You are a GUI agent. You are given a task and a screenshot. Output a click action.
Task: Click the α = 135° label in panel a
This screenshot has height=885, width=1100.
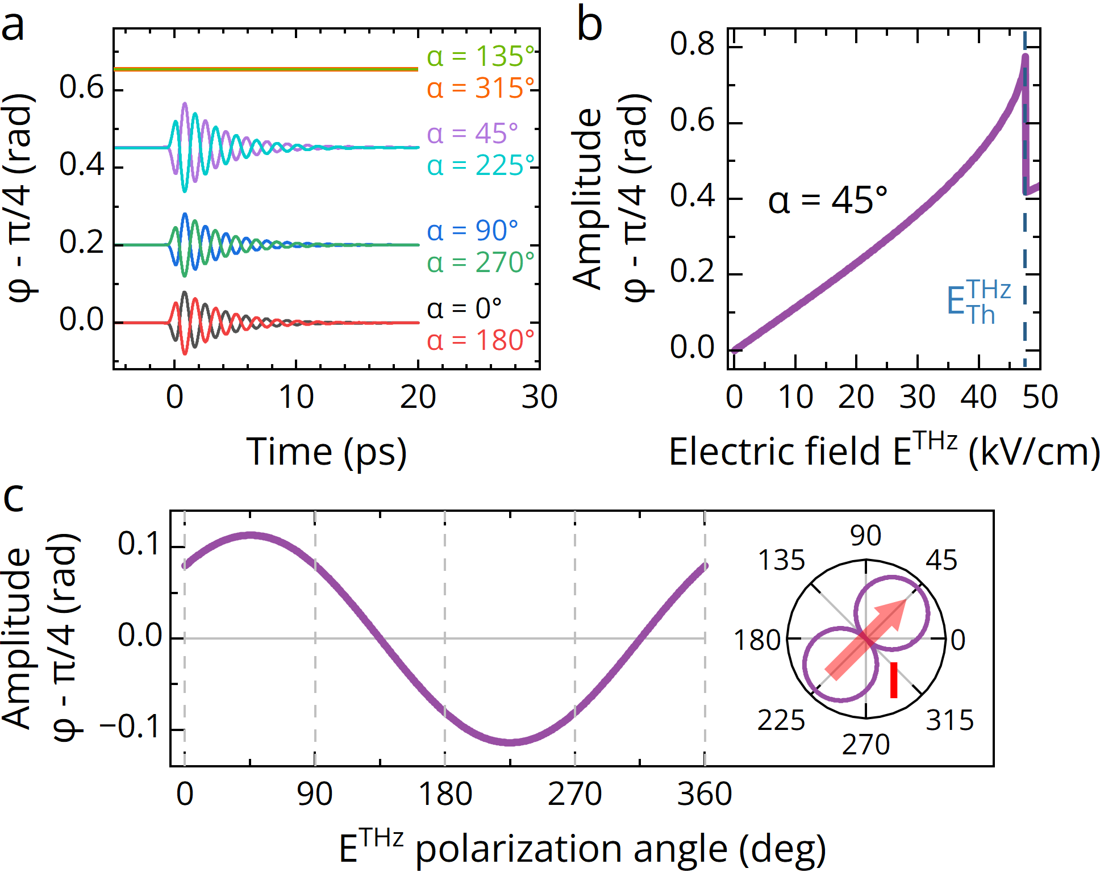481,56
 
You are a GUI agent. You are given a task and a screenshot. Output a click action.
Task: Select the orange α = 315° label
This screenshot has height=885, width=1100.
481,89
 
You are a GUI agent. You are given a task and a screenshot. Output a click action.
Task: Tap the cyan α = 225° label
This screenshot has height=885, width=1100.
481,166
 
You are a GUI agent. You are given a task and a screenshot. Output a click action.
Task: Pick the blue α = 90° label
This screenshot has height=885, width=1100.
473,231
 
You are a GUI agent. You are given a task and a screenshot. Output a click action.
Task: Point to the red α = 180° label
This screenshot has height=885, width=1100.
481,341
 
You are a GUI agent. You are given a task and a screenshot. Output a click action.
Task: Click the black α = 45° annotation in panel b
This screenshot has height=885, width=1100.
827,201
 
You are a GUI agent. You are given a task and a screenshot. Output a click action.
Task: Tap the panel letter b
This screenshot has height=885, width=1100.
589,26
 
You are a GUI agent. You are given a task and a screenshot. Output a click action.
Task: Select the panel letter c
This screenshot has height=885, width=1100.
14,497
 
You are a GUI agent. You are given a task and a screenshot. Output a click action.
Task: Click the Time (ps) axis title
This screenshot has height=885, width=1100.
327,453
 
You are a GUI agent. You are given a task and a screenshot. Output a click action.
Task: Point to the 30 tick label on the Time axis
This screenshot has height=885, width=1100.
539,397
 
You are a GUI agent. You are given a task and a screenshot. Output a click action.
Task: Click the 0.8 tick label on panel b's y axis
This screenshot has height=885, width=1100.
692,44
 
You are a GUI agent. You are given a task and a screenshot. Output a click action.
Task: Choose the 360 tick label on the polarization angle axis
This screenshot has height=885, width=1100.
705,794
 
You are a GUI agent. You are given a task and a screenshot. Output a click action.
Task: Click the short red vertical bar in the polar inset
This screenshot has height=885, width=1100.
894,679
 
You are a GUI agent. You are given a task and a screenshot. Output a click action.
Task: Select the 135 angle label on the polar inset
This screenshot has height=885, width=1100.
782,561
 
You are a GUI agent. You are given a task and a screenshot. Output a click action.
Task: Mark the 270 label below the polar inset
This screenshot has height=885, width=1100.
866,745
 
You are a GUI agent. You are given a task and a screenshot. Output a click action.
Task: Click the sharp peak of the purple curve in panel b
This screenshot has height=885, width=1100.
1025,56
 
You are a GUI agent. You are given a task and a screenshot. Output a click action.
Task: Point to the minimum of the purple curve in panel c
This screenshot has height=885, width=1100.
510,742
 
